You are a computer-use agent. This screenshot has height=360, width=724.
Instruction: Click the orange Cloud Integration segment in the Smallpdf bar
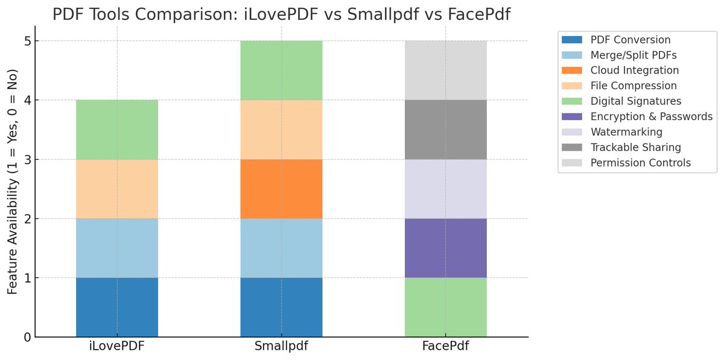281,189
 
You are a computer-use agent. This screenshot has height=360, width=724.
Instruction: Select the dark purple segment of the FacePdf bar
445,248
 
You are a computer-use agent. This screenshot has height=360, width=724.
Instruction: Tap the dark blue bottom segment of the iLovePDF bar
117,307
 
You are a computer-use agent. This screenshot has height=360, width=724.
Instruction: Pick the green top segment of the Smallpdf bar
281,70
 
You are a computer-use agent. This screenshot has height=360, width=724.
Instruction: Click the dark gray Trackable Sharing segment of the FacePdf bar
445,130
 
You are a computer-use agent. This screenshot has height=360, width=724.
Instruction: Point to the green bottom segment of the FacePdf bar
445,307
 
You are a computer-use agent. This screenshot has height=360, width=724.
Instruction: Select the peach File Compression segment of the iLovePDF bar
117,189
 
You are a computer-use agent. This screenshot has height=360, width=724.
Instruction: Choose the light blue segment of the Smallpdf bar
281,248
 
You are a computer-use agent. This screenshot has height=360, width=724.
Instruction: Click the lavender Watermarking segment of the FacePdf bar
445,189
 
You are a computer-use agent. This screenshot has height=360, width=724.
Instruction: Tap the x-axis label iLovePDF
117,347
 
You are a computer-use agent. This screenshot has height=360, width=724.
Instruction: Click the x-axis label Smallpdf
281,347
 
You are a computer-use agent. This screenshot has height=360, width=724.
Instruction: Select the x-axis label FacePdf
445,347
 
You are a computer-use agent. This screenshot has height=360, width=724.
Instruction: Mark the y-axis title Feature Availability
12,181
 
